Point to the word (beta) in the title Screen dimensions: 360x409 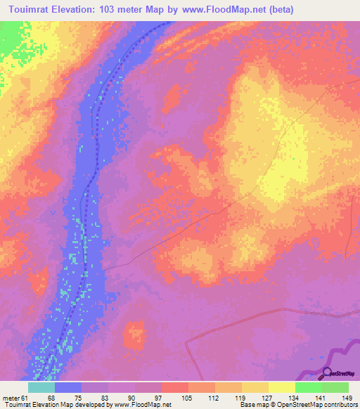(277, 10)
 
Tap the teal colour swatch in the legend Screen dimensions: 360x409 (41, 387)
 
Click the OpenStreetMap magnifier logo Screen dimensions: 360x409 (328, 373)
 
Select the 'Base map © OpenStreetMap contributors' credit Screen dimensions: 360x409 (296, 405)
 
